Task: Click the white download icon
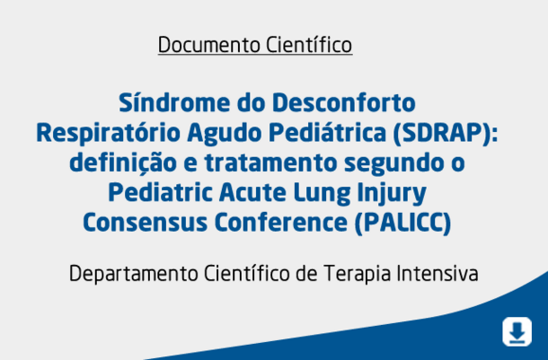(x=517, y=331)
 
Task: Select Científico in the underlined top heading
(x=309, y=45)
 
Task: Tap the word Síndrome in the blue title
(x=174, y=102)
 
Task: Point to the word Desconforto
(x=344, y=103)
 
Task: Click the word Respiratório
(x=109, y=134)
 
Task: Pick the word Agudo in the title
(x=225, y=134)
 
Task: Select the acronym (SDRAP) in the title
(x=446, y=134)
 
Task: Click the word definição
(x=123, y=163)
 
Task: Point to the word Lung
(x=322, y=193)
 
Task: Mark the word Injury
(x=392, y=193)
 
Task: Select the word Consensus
(x=145, y=223)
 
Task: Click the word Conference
(x=281, y=223)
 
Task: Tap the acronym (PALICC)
(x=403, y=223)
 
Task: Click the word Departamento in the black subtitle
(x=134, y=274)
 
